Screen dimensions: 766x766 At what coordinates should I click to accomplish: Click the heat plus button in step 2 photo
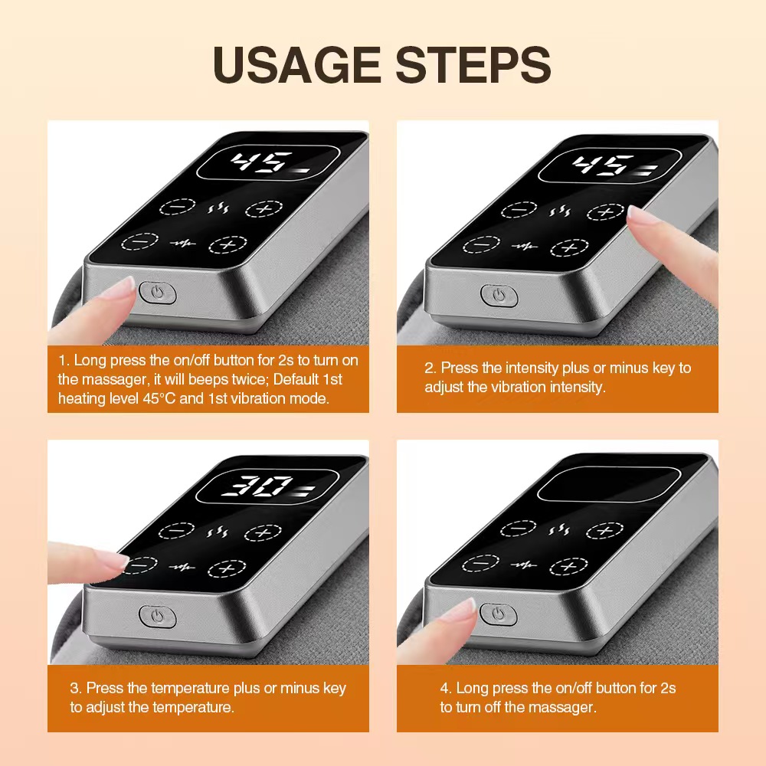(605, 212)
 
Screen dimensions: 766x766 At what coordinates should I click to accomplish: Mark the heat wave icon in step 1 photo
(215, 208)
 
